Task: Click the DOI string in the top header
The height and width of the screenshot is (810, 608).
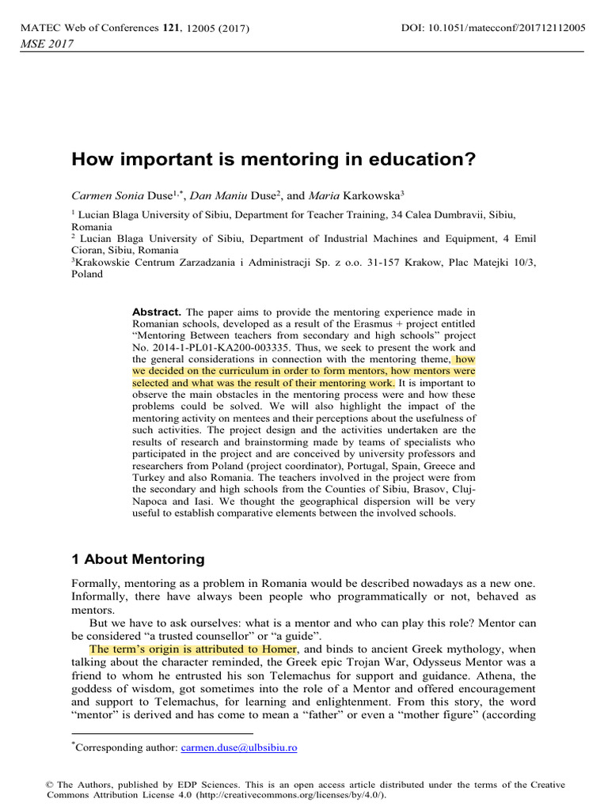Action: click(x=493, y=28)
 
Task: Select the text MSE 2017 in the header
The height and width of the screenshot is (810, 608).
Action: click(x=45, y=44)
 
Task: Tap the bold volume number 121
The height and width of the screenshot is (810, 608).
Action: click(x=171, y=28)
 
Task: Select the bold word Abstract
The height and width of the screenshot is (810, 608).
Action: click(x=157, y=312)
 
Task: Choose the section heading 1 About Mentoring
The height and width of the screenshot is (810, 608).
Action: click(x=138, y=559)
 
